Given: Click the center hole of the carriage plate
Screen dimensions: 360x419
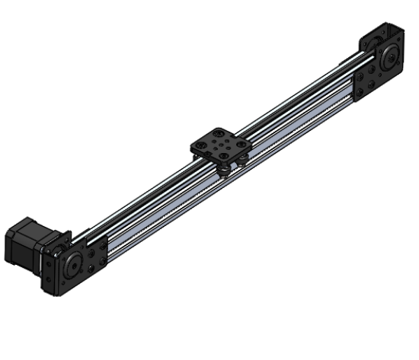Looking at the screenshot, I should click(220, 142).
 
